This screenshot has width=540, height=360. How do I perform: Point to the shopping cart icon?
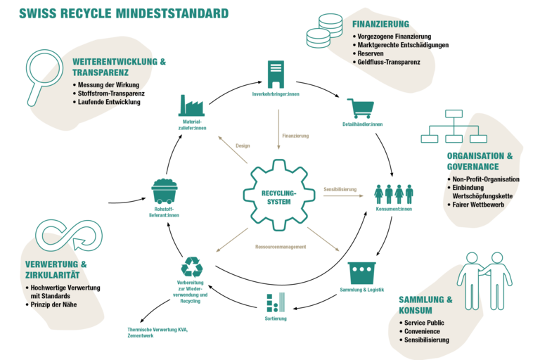pyautogui.click(x=361, y=108)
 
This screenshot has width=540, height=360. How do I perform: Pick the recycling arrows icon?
pyautogui.click(x=191, y=266)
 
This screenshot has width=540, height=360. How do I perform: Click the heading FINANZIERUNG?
pyautogui.click(x=380, y=24)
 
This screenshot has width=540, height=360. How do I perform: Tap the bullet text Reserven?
pyautogui.click(x=370, y=53)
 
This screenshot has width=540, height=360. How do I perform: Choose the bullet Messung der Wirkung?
pyautogui.click(x=108, y=85)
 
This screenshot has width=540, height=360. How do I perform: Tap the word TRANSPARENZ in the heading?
pyautogui.click(x=101, y=72)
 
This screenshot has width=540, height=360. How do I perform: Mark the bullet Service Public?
pyautogui.click(x=424, y=323)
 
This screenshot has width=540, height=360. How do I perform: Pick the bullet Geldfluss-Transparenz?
pyautogui.click(x=388, y=62)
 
